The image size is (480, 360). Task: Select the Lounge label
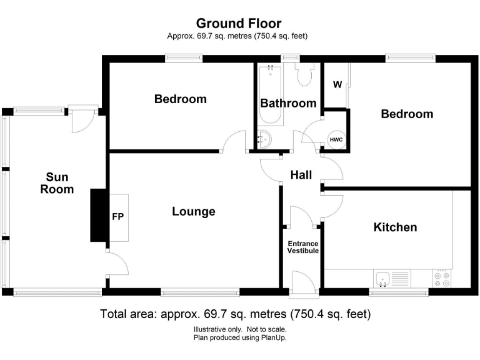(x=194, y=212)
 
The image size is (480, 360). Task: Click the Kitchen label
(x=395, y=227)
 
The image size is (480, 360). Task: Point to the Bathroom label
(x=288, y=103)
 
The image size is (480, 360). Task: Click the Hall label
(x=301, y=176)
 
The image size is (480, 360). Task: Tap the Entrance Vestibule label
(x=302, y=247)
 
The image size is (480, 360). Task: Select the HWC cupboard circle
(x=336, y=139)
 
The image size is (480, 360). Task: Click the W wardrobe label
(x=337, y=85)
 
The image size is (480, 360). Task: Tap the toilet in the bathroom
(x=306, y=76)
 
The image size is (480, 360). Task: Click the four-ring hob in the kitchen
(x=441, y=278)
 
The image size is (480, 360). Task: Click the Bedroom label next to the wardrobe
(x=407, y=114)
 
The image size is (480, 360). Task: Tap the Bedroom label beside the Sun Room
(x=181, y=99)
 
